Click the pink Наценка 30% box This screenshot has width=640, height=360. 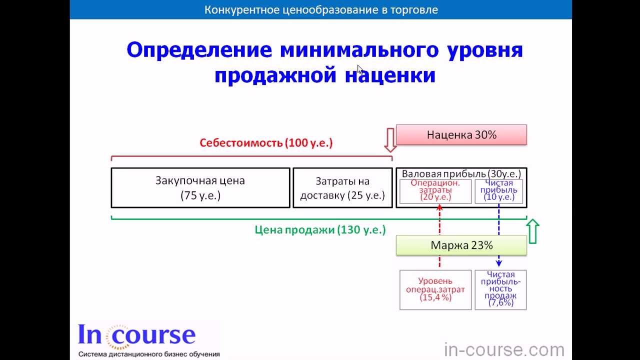tap(461, 135)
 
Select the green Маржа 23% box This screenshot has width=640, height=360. tap(461, 245)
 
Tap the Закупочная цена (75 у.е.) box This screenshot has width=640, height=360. tap(200, 188)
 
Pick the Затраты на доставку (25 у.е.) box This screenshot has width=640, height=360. tap(342, 188)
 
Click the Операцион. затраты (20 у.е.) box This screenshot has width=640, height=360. tap(435, 191)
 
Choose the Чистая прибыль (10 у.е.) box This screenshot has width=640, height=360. tap(498, 191)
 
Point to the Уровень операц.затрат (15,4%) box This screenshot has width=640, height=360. tap(435, 289)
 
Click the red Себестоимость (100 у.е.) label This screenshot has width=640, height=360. tap(266, 142)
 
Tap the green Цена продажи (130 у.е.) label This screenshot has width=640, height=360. tap(320, 230)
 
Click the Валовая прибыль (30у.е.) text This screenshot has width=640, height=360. tap(461, 173)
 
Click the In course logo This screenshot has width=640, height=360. tap(136, 336)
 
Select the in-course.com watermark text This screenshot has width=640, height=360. tap(504, 349)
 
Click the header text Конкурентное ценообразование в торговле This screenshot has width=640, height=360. tap(321, 9)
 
